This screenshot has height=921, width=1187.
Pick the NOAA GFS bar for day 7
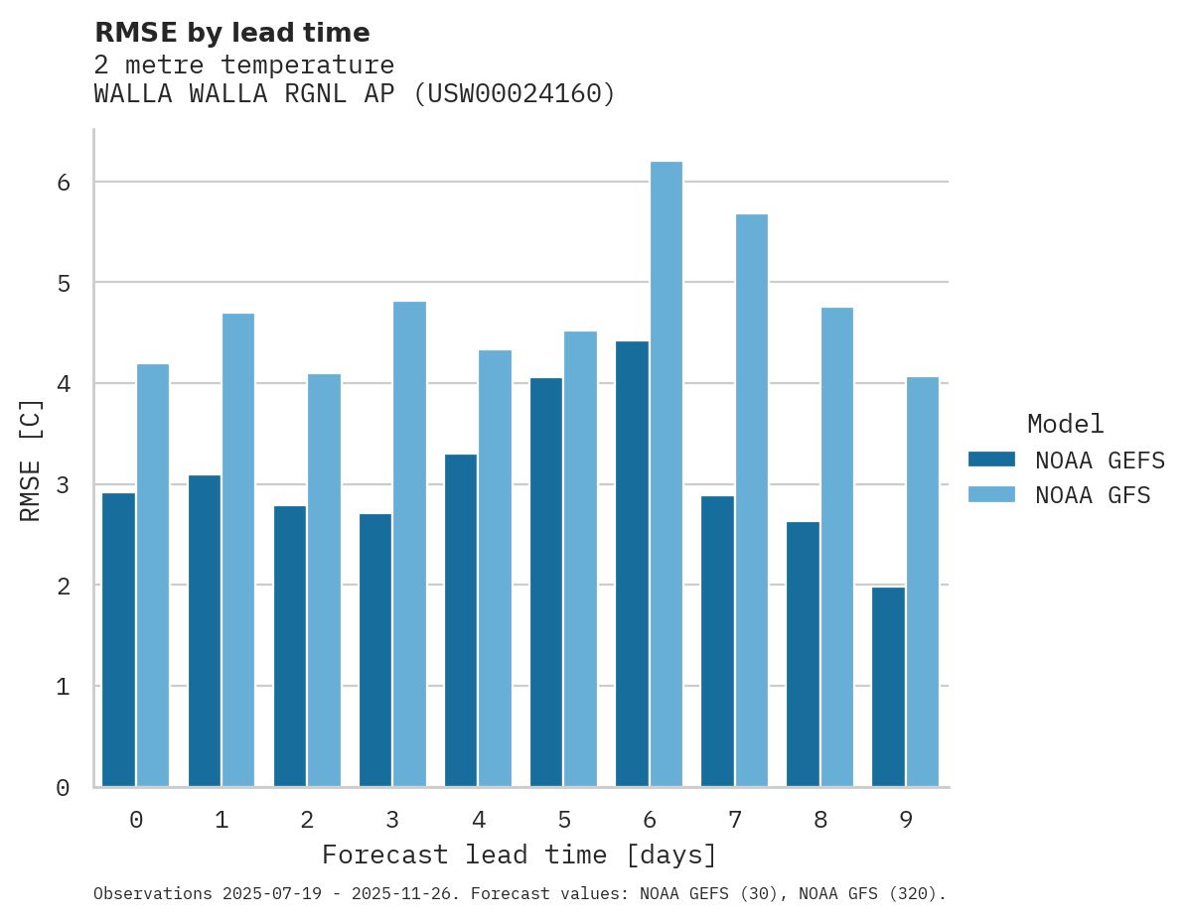tap(751, 500)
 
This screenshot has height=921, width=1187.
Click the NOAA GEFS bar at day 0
tap(119, 640)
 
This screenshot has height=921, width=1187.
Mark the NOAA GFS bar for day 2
tap(324, 580)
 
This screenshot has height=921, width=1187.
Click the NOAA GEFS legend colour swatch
tap(991, 460)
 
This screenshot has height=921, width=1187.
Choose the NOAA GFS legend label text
tap(1093, 495)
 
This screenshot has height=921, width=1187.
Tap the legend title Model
tap(1065, 424)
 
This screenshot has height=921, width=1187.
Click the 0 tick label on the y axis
tap(62, 788)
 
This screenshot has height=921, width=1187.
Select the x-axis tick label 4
tap(478, 820)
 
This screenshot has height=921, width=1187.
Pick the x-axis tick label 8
tap(819, 820)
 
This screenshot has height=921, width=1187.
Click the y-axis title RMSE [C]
tap(31, 459)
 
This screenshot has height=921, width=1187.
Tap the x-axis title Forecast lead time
tap(519, 855)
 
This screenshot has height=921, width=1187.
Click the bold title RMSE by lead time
tap(231, 33)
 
